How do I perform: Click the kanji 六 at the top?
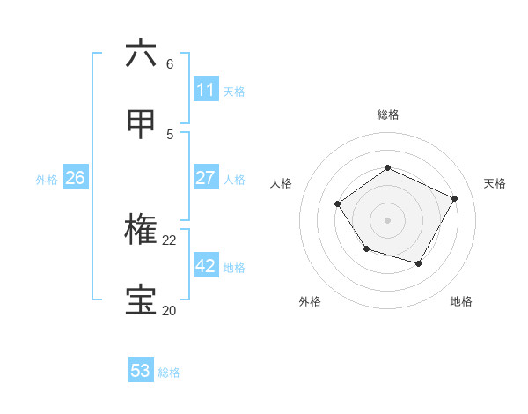point(142,55)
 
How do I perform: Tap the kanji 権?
point(142,231)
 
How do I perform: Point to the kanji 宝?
point(142,300)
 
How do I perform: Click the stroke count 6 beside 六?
point(170,64)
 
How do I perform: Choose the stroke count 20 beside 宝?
point(170,310)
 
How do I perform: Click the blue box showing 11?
point(206,90)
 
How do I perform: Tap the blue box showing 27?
point(206,178)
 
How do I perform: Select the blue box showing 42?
point(206,266)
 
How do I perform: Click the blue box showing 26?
point(76,178)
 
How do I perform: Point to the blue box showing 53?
point(141,371)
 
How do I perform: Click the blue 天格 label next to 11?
point(234,91)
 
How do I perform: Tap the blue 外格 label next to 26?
point(47,179)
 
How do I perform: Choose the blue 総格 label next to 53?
point(169,372)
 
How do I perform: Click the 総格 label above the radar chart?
point(387,115)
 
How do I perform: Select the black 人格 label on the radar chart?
point(281,183)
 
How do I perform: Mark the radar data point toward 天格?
point(455,198)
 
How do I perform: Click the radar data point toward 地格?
point(419,263)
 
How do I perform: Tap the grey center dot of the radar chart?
point(387,219)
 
